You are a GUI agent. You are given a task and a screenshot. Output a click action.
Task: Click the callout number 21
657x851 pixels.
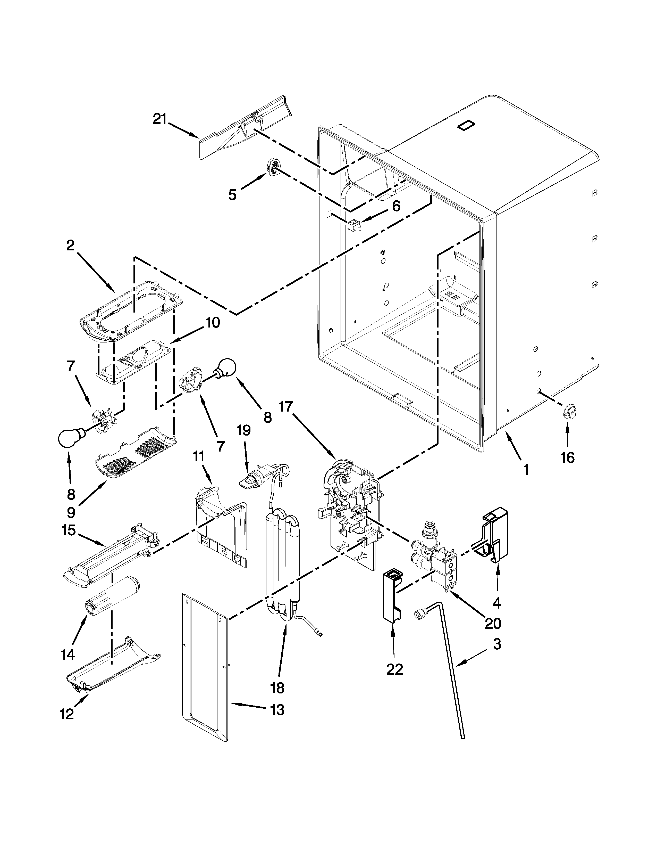[x=159, y=119]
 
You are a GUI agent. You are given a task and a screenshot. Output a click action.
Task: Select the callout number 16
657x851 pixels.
[x=568, y=457]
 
